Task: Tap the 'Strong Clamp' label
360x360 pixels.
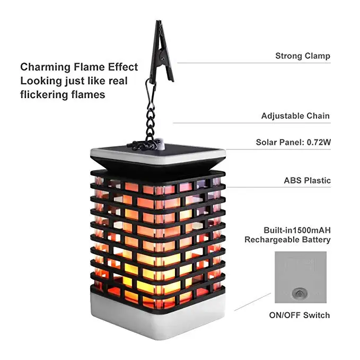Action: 302,56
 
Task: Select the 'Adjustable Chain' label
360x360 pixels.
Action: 295,116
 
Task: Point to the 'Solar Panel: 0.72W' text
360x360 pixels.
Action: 293,142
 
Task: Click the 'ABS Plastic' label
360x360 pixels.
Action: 307,180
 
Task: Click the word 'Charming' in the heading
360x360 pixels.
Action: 45,67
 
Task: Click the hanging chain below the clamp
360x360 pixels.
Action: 151,119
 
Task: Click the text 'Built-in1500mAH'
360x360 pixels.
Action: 297,230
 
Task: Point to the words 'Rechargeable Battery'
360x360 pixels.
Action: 287,240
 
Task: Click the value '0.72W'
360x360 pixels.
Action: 318,142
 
